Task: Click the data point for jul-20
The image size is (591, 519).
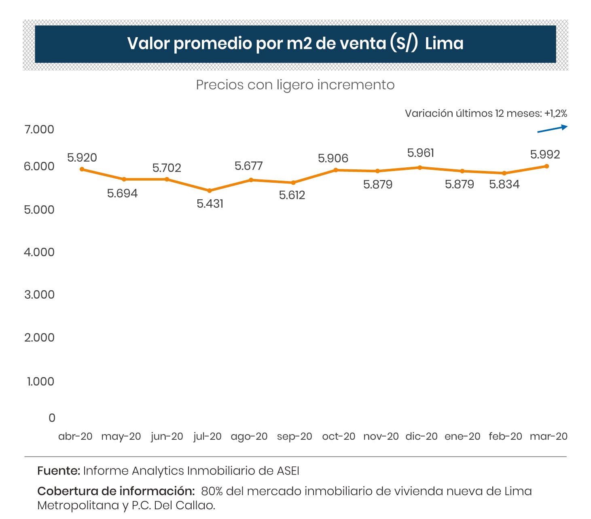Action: pos(210,190)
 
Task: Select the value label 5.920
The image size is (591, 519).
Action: pos(82,158)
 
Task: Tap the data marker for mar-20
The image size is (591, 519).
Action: pos(547,166)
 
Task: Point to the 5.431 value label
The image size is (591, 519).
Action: pos(210,204)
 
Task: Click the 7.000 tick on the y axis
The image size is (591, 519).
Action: pos(39,129)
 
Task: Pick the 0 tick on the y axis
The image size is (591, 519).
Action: pos(52,418)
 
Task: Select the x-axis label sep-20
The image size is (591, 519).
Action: pos(294,437)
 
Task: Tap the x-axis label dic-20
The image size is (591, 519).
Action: pos(422,437)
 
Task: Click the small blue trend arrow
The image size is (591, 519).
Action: pos(552,129)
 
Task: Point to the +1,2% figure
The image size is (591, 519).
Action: pos(556,114)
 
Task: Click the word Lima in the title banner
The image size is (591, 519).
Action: pos(444,43)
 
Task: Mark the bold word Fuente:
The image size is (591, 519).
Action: pos(59,471)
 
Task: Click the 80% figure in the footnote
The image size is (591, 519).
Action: pos(212,492)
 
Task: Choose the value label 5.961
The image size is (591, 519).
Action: pos(421,153)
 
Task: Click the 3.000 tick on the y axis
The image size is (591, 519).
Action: pos(39,295)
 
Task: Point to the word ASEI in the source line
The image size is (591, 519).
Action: pos(288,471)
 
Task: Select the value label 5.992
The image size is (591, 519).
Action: pos(545,154)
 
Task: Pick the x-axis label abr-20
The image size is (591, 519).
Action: pos(75,437)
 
